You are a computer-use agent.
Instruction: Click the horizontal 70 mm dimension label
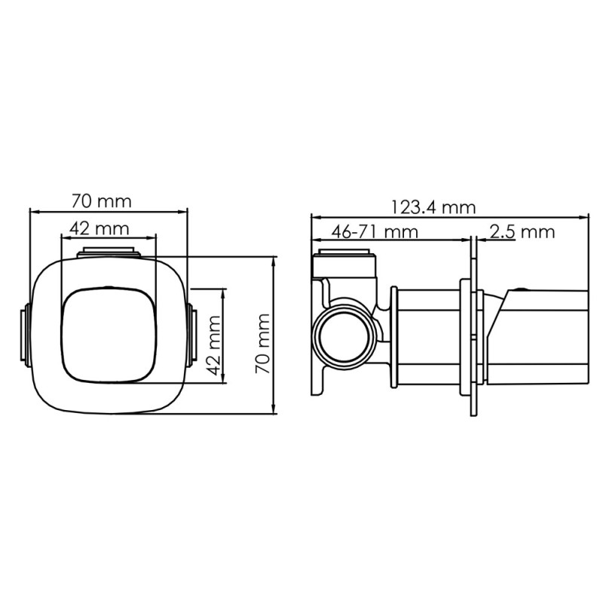coord(102,201)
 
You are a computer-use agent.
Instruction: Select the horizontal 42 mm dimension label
coord(99,229)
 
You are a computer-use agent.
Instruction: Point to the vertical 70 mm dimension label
coord(262,344)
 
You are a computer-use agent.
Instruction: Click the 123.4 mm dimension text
coord(433,208)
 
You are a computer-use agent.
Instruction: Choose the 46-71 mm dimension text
coord(375,232)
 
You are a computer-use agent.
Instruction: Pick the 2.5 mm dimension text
coord(522,232)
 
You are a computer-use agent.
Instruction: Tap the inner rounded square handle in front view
coord(109,335)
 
